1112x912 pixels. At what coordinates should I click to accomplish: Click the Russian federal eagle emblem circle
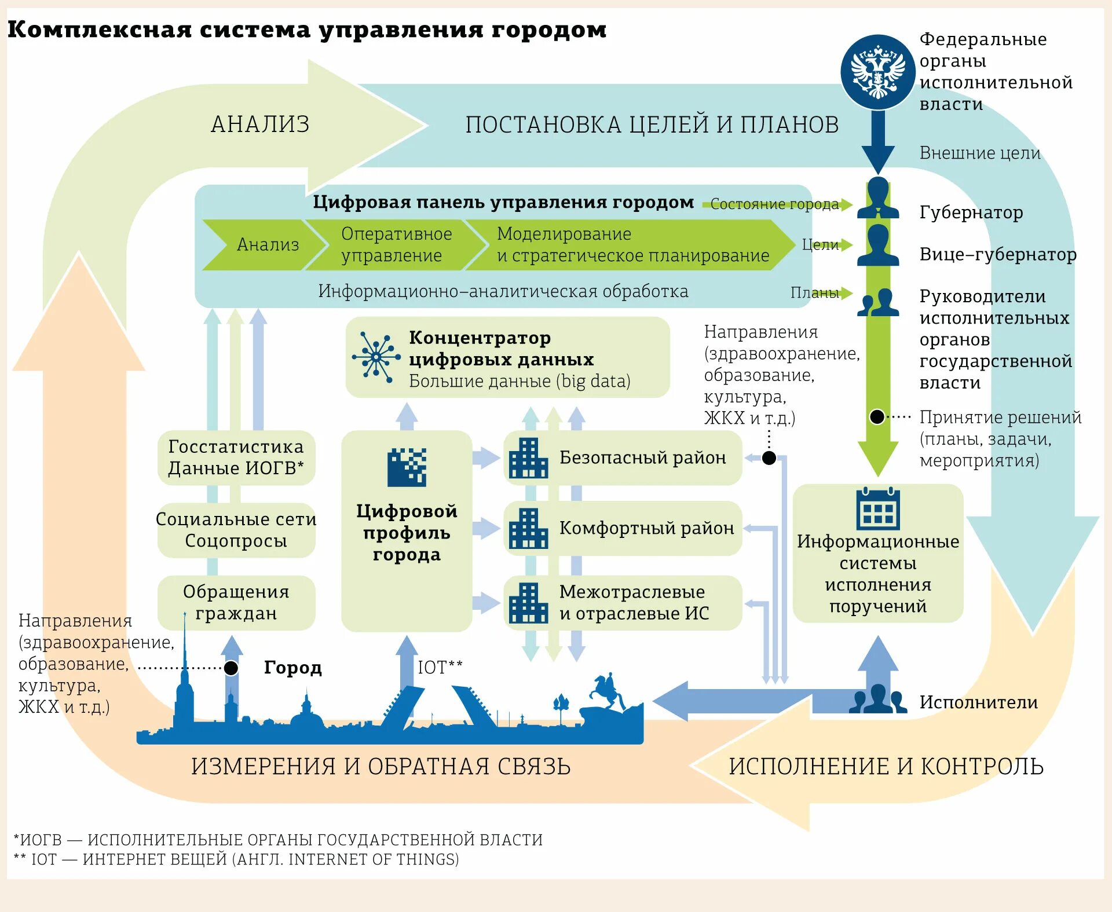877,72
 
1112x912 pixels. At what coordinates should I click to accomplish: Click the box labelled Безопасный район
623,457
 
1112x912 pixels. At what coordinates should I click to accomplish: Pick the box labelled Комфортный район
623,528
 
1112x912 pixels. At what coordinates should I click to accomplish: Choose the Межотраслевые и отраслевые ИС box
623,602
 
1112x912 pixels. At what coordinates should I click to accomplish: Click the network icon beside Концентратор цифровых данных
376,357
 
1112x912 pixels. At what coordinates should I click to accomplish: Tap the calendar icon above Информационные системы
878,508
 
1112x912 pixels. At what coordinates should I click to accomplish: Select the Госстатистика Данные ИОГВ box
236,457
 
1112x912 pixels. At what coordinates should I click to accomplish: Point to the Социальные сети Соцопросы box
236,530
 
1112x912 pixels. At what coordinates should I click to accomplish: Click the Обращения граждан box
236,602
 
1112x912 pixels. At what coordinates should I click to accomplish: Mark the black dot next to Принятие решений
877,416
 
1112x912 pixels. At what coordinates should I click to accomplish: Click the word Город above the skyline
292,668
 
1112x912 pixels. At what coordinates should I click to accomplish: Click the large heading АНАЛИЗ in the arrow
260,124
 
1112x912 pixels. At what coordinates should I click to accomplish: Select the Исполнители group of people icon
878,699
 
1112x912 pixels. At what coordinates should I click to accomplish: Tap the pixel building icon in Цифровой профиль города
407,467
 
